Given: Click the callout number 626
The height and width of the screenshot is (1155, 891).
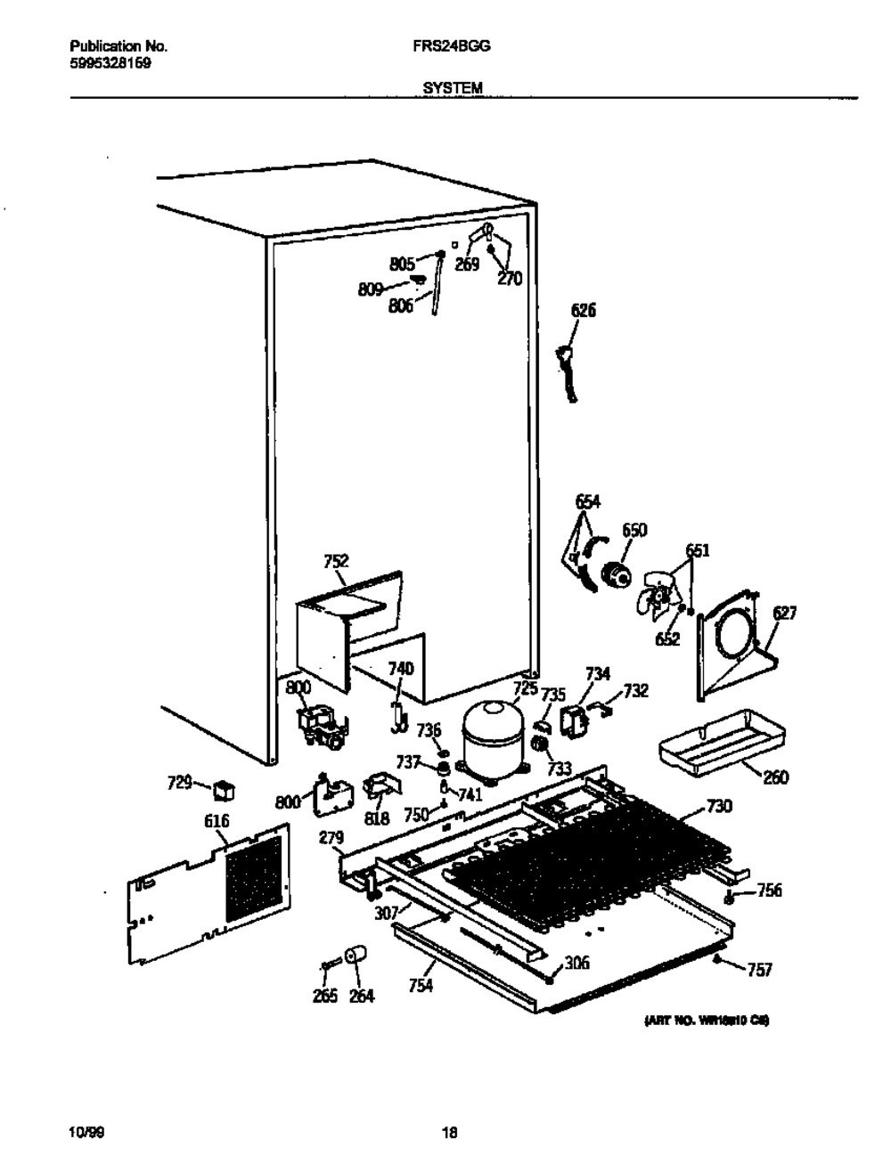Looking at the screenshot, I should pyautogui.click(x=584, y=310).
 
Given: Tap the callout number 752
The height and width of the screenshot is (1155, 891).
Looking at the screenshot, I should pyautogui.click(x=336, y=561).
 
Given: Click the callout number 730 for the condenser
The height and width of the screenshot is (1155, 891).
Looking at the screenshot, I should pyautogui.click(x=718, y=807).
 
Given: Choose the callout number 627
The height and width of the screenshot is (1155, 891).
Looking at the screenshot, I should pyautogui.click(x=784, y=613).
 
